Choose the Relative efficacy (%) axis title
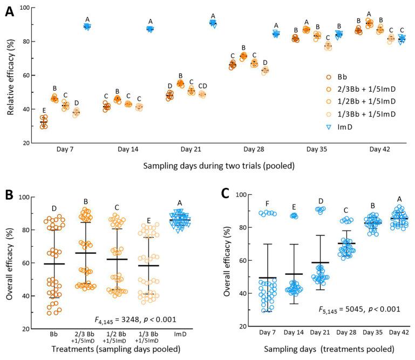pyautogui.click(x=11, y=77)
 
